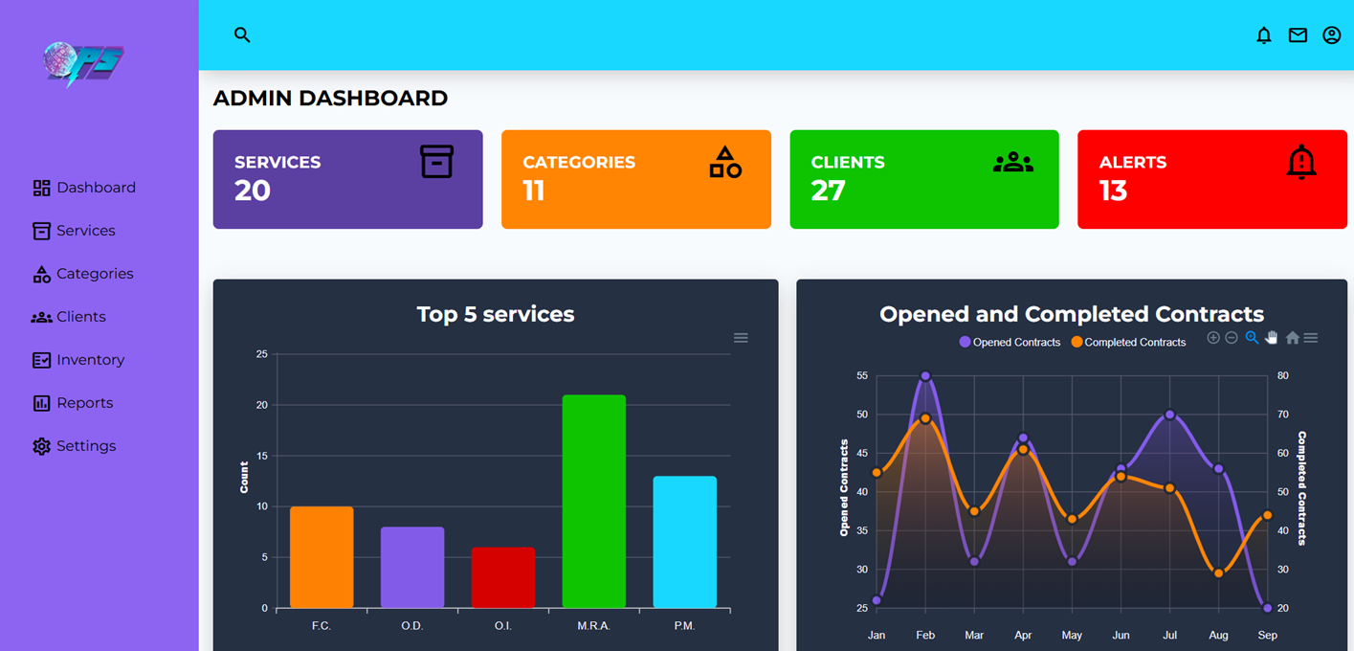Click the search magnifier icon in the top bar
pos(242,34)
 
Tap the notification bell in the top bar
pos(1264,35)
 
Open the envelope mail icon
pos(1298,35)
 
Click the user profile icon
pos(1331,35)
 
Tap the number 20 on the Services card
pos(253,191)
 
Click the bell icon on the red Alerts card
pos(1300,162)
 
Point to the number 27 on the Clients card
pos(828,191)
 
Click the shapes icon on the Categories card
pos(724,162)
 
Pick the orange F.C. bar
pos(322,557)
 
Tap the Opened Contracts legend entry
pos(1010,342)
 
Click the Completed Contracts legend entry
pos(1128,342)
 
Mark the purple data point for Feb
pos(925,376)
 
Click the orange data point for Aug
pos(1218,573)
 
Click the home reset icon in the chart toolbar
pos(1292,338)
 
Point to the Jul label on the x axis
pos(1169,635)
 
